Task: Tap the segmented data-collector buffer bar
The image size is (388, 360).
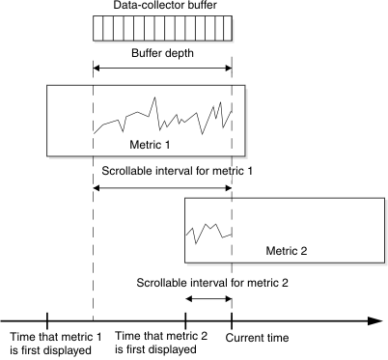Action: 162,34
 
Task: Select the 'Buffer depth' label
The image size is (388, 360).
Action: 162,55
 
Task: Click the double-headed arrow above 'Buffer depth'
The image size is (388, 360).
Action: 162,68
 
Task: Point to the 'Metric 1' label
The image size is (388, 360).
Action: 150,144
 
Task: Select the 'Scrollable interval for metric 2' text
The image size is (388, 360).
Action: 211,283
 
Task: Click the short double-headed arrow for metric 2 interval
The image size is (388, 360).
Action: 208,299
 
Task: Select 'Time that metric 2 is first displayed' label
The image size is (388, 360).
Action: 161,343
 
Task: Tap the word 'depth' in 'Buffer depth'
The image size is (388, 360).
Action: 180,55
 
